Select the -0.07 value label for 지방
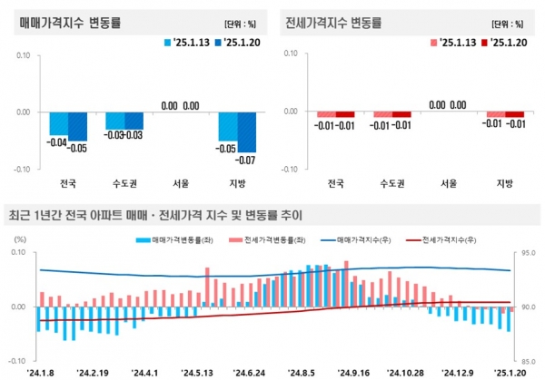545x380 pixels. coord(244,160)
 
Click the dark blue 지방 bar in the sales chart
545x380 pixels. coord(244,132)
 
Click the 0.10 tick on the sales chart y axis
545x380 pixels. coord(24,56)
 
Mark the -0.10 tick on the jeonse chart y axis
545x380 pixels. coord(290,169)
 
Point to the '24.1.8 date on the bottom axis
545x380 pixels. coord(43,372)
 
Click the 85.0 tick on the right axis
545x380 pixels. coord(530,360)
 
